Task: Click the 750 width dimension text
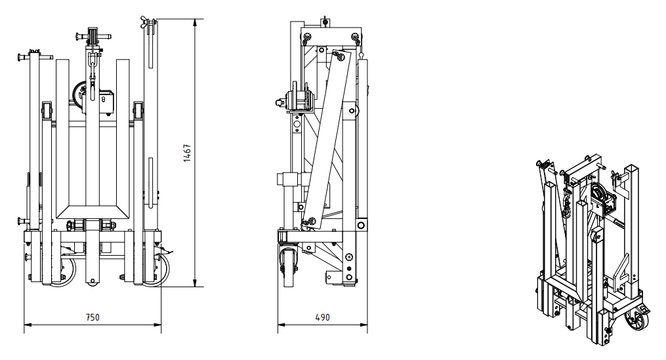[x=93, y=317]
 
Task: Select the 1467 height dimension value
[x=187, y=153]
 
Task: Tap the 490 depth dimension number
[x=322, y=317]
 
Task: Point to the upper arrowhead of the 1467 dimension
[x=195, y=23]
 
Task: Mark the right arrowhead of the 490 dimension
[x=364, y=325]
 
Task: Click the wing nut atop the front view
[x=146, y=22]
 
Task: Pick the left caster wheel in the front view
[x=64, y=270]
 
